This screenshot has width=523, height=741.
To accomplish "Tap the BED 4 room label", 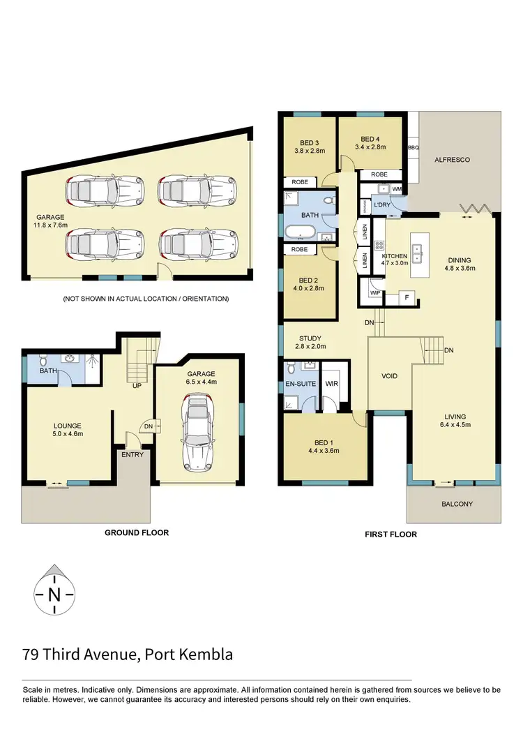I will click(x=370, y=138).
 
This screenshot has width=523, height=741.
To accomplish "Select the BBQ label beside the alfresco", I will click(x=413, y=148).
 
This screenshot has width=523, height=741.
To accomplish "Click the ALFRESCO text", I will click(x=452, y=160).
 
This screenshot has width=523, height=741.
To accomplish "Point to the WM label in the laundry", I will click(x=397, y=189).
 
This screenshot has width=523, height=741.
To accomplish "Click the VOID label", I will click(x=389, y=376).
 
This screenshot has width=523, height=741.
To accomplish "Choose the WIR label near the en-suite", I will click(x=331, y=383).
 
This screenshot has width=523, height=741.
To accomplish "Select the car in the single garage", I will click(x=197, y=433).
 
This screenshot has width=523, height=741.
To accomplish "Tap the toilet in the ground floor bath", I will click(x=43, y=361).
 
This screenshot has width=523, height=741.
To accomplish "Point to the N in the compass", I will click(x=54, y=595).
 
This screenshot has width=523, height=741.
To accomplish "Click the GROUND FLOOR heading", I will click(x=136, y=532).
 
